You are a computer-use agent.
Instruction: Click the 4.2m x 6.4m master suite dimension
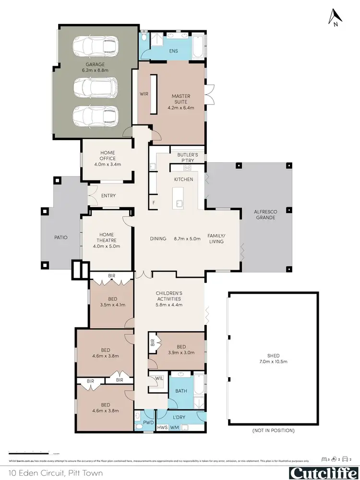[181, 108]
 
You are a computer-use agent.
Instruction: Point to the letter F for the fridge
[154, 203]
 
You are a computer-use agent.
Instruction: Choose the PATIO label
[61, 237]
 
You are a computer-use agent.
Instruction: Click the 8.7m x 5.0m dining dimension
[187, 238]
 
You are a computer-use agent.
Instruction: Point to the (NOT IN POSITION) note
[273, 431]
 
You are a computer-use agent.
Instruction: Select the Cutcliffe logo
[322, 472]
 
